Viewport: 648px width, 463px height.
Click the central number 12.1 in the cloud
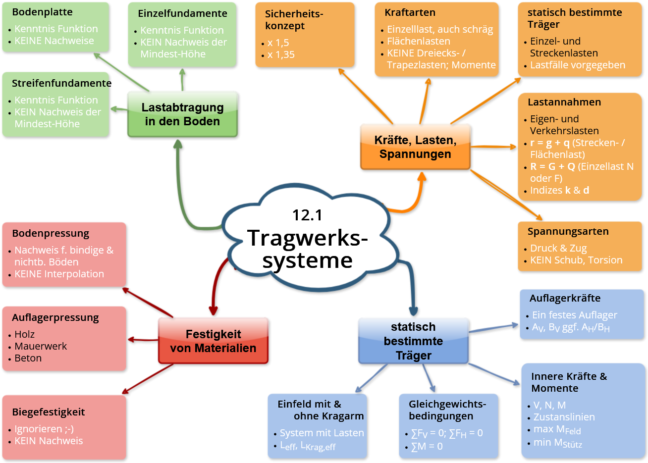click(307, 215)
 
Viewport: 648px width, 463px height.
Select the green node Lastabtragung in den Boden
click(182, 114)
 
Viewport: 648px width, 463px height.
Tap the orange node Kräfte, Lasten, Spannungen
click(415, 147)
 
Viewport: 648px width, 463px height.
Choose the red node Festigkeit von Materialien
click(213, 341)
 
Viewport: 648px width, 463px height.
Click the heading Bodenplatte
click(42, 12)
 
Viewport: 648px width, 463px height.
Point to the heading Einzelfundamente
click(182, 13)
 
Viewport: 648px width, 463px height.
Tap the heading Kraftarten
click(410, 12)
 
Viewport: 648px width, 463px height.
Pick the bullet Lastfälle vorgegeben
click(578, 65)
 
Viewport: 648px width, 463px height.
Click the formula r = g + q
click(550, 143)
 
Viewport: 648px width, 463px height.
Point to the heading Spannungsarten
click(568, 231)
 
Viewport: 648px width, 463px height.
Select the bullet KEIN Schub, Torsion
click(576, 260)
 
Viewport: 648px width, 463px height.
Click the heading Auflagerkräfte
click(565, 298)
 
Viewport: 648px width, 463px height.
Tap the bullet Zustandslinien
click(564, 417)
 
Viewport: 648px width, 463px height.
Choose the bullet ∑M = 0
click(427, 446)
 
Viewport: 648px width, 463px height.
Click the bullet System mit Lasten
click(322, 433)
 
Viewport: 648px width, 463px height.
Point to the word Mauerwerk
click(41, 346)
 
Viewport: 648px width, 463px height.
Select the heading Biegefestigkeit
click(49, 412)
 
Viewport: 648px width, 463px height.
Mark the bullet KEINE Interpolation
click(59, 274)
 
